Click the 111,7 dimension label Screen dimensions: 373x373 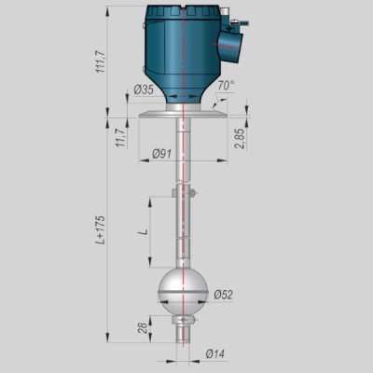click(x=101, y=62)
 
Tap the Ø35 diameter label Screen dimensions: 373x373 click(x=144, y=90)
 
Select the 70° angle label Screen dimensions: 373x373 click(x=226, y=86)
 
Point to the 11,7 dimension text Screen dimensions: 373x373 click(x=120, y=137)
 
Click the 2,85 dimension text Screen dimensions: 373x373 click(x=240, y=138)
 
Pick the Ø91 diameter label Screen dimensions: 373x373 click(x=161, y=154)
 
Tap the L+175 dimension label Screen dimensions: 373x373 click(x=101, y=230)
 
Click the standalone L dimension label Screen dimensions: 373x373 click(x=143, y=232)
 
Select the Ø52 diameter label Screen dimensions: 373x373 click(x=223, y=295)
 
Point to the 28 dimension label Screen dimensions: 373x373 click(x=143, y=328)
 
